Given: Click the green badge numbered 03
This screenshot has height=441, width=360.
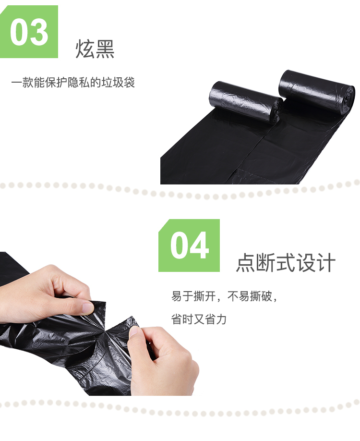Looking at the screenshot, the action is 29,32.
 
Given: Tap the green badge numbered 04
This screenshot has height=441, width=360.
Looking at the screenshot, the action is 189,245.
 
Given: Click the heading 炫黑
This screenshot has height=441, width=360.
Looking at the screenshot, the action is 95,49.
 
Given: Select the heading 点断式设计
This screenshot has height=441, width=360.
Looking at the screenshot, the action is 286,262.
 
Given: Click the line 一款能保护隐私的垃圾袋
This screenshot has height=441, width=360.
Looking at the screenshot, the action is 73,83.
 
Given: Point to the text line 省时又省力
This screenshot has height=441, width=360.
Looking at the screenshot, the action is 199,319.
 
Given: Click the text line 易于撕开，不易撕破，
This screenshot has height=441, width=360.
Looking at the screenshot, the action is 225,296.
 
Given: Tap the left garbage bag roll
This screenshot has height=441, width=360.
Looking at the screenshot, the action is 246,102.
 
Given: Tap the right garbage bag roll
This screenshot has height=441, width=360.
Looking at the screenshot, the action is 317,91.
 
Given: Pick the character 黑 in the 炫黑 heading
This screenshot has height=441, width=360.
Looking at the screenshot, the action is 105,49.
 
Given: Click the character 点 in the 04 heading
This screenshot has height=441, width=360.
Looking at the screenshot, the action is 246,262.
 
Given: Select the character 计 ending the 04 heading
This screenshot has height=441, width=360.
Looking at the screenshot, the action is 326,262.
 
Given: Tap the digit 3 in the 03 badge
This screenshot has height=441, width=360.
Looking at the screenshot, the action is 39,32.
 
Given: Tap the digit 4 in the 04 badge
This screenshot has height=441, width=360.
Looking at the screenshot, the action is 199,245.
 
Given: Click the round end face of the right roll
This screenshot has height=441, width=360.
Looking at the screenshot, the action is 349,100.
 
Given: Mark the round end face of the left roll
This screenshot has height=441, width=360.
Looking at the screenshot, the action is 277,110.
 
